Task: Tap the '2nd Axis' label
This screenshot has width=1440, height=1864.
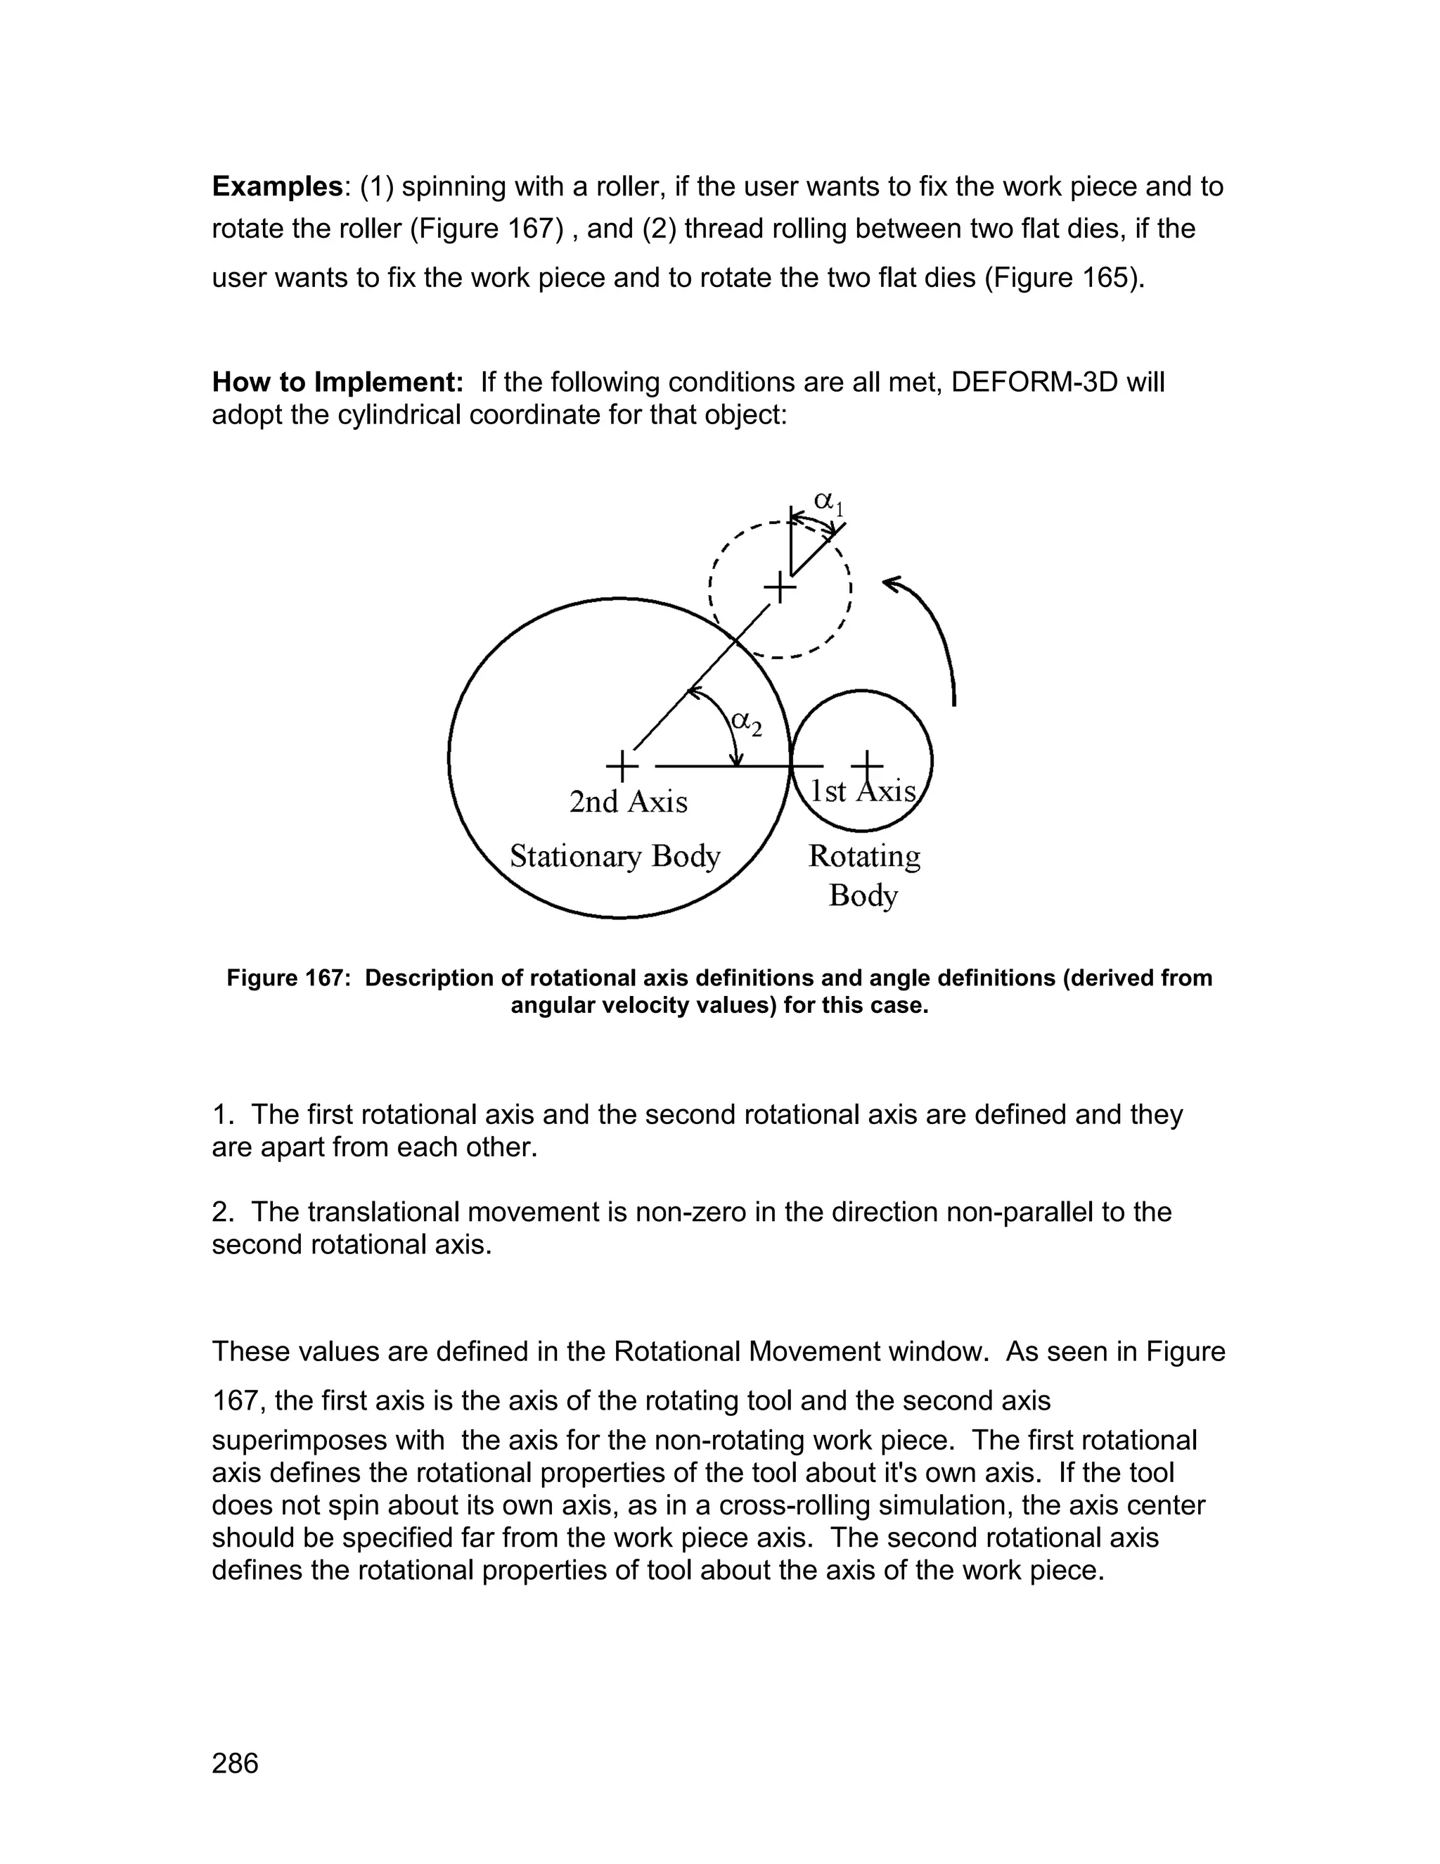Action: (628, 803)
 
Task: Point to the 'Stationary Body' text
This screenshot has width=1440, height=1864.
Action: (615, 856)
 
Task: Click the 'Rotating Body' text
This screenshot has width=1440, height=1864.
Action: (864, 875)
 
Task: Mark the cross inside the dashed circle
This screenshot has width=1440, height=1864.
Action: (779, 588)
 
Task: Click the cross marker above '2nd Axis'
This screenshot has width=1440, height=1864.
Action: (622, 765)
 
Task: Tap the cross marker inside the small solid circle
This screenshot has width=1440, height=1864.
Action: (867, 765)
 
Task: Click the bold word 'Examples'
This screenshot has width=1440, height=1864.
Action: (276, 186)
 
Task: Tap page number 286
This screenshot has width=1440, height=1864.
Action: (235, 1763)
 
